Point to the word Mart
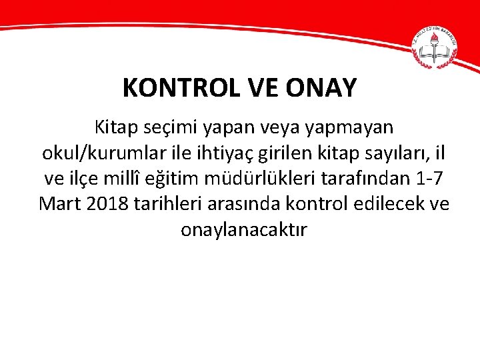point(60,203)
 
